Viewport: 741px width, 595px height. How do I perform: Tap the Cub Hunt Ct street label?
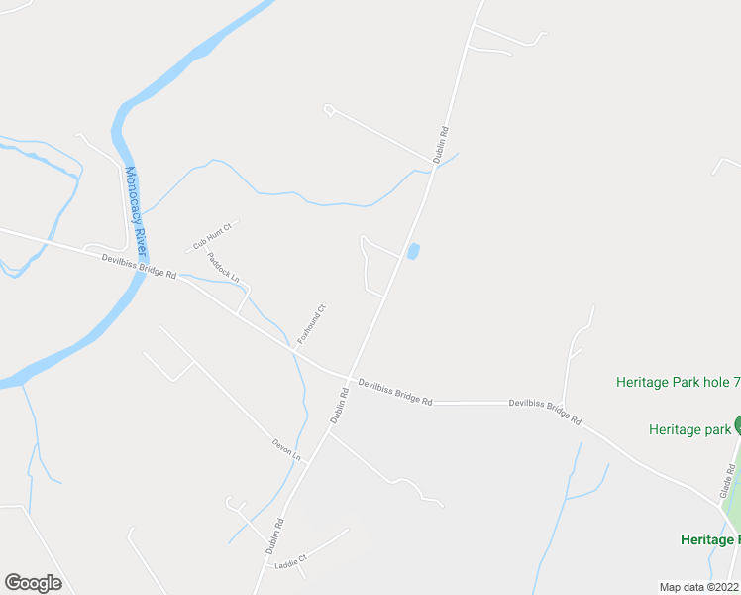(211, 236)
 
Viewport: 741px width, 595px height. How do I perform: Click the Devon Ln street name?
(285, 449)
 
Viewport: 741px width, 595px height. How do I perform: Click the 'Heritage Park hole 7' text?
(678, 382)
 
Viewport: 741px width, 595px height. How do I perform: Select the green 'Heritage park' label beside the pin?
(689, 429)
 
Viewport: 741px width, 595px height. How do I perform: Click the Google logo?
(33, 583)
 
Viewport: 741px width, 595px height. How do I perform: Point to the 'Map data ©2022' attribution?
(699, 587)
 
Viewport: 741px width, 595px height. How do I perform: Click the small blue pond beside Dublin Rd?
(413, 252)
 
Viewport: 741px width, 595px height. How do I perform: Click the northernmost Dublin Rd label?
(442, 144)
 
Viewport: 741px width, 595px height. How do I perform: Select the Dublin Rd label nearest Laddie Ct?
(274, 536)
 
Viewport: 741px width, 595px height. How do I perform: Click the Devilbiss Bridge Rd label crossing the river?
(138, 265)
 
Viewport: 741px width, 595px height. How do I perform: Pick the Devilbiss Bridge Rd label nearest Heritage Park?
(545, 412)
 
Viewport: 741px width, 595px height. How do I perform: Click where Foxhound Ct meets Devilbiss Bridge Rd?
(294, 348)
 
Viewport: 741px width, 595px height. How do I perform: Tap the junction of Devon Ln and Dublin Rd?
(309, 461)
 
